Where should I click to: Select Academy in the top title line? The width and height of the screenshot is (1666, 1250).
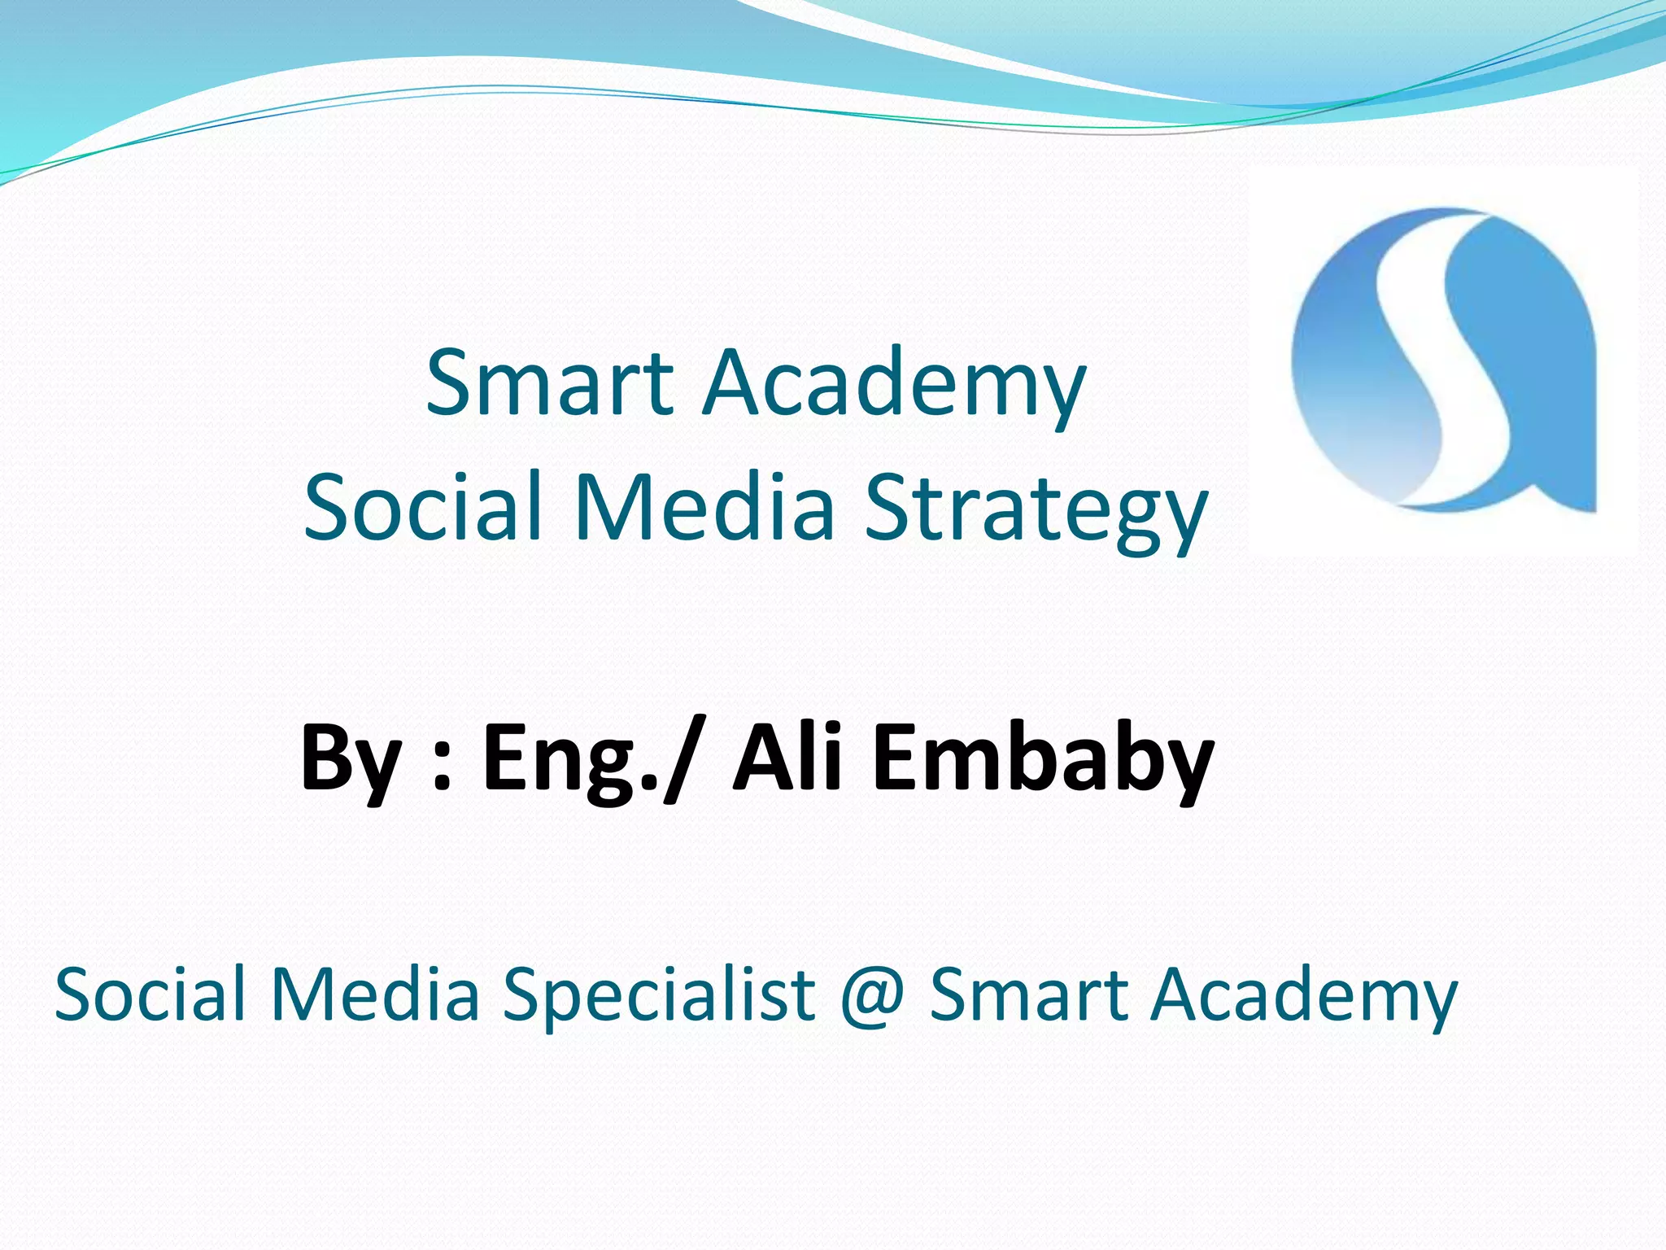[895, 382]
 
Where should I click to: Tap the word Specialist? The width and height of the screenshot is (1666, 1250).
[659, 994]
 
